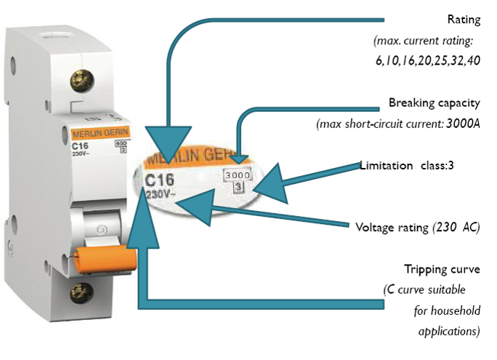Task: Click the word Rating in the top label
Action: (464, 19)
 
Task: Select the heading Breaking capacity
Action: (434, 103)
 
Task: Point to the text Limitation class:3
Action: (407, 165)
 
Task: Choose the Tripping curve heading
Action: (443, 268)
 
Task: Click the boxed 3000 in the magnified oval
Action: (237, 175)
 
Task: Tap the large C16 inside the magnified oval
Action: (160, 179)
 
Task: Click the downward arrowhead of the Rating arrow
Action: (167, 145)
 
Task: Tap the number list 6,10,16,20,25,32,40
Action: (427, 60)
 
